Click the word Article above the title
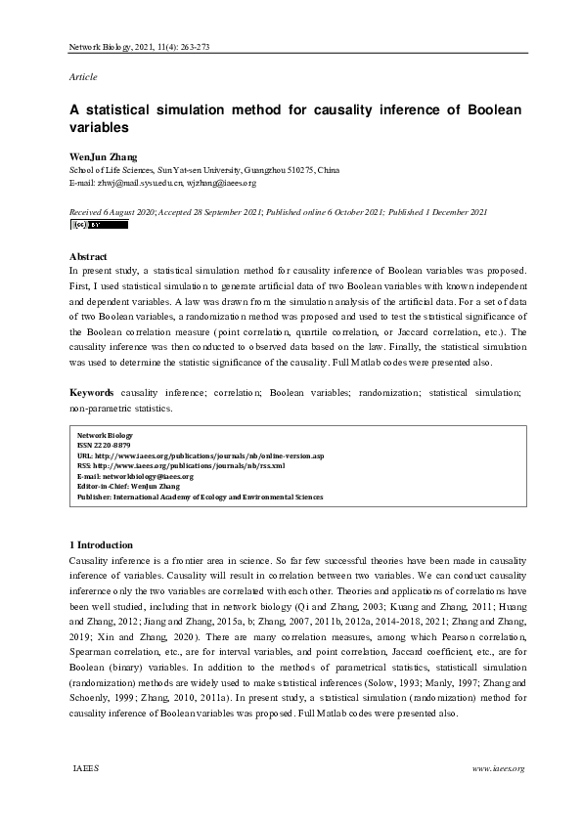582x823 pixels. point(83,76)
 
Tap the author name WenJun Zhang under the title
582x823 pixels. point(103,156)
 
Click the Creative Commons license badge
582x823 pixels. point(99,225)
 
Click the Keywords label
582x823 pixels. point(92,392)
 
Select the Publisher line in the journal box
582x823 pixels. point(200,497)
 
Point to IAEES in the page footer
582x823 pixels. point(85,768)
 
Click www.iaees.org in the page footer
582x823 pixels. point(499,768)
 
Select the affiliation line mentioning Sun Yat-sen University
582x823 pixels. point(204,170)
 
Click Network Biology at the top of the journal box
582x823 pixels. point(105,435)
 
